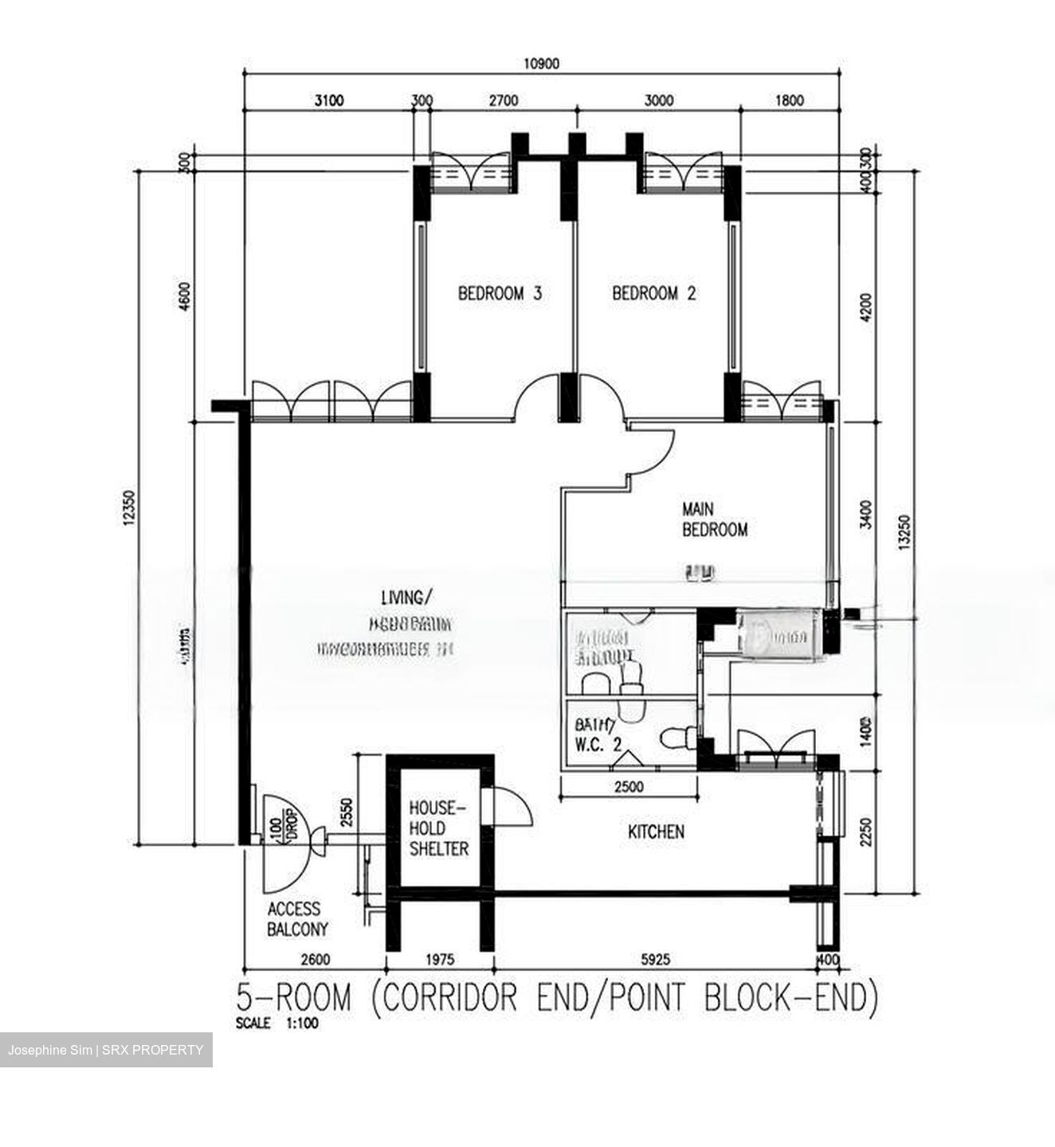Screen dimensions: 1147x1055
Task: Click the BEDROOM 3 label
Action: (x=500, y=293)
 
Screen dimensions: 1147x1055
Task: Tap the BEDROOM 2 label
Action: (x=653, y=293)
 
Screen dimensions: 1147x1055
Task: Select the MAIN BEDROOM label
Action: (x=714, y=519)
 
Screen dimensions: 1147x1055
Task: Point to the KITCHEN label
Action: (x=656, y=832)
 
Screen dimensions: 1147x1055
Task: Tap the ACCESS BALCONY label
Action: (x=297, y=918)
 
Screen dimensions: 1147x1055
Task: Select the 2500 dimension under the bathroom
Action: (x=629, y=788)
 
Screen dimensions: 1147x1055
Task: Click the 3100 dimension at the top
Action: (x=328, y=100)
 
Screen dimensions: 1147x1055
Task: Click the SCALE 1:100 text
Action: (x=276, y=1024)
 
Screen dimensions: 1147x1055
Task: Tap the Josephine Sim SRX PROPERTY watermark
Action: (x=106, y=1050)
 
